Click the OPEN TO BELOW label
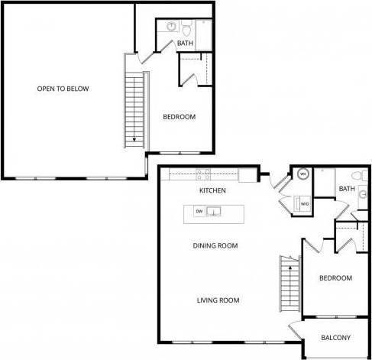(63, 89)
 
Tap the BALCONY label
(336, 338)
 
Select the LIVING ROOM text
(218, 300)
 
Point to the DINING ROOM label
(215, 246)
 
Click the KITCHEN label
(212, 190)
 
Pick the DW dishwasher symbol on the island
(199, 211)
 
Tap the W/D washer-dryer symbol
(304, 204)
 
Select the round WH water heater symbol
(302, 174)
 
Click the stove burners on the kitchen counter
(203, 174)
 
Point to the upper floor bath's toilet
(186, 30)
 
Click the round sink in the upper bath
(169, 28)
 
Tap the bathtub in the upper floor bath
(205, 34)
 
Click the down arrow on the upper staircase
(134, 139)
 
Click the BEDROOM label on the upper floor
(180, 117)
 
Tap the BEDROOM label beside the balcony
(335, 278)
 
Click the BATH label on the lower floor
(347, 189)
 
